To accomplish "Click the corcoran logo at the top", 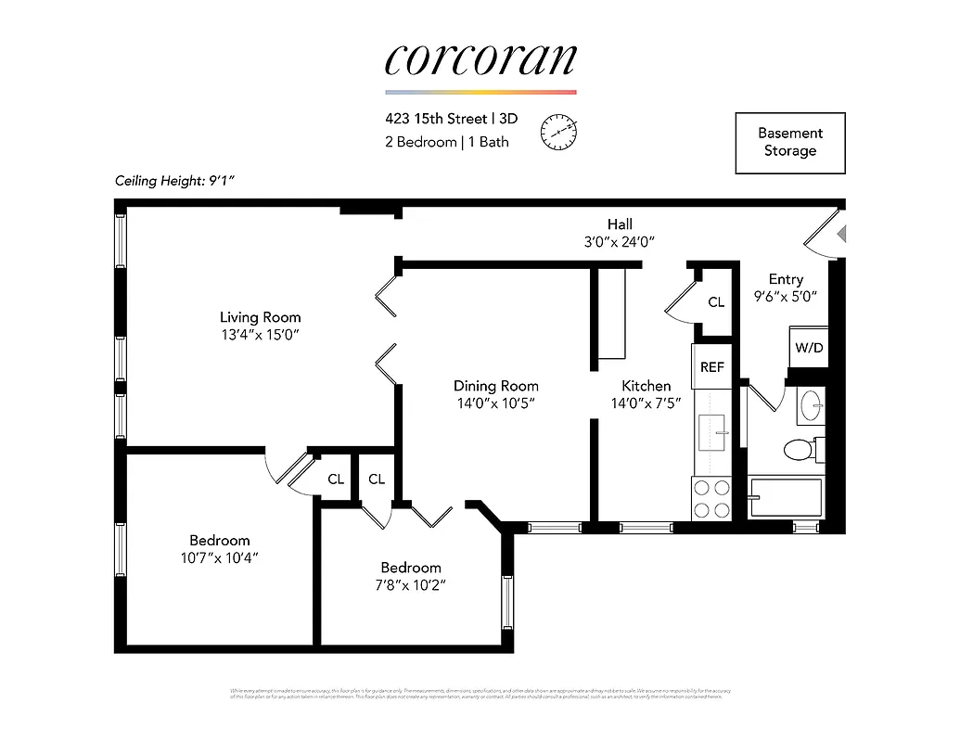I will (480, 59).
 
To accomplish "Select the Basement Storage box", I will (790, 142).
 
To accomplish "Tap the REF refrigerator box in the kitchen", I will (711, 367).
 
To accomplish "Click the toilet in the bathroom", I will (800, 451).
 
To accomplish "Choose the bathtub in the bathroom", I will (786, 498).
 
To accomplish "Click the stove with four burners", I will (711, 498).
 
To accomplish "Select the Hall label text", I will (620, 224).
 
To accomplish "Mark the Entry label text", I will (786, 279).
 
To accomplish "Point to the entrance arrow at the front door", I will (841, 234).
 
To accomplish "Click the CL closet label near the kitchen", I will (716, 302).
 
